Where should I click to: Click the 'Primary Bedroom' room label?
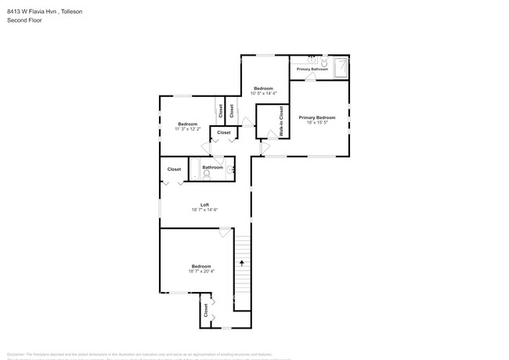click(x=316, y=117)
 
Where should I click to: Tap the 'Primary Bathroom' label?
click(x=312, y=69)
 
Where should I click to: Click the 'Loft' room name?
click(x=204, y=205)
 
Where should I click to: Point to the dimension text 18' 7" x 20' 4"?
click(x=200, y=272)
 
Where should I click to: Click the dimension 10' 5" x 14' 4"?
click(x=262, y=93)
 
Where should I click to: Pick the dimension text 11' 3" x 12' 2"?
click(x=187, y=129)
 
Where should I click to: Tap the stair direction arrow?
click(x=242, y=264)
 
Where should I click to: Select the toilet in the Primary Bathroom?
click(x=312, y=59)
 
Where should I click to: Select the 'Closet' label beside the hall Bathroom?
click(x=174, y=169)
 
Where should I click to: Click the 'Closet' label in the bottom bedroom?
click(x=207, y=310)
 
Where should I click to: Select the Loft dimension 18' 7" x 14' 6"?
click(x=204, y=210)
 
